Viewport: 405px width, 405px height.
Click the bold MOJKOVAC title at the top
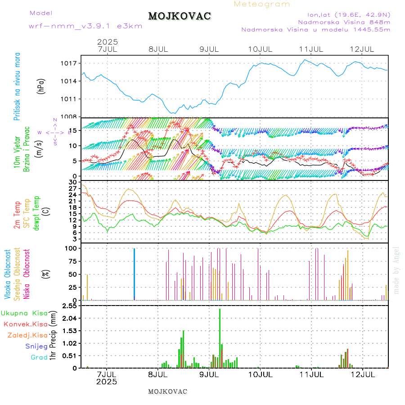(x=180, y=16)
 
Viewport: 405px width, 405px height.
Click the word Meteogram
(x=262, y=4)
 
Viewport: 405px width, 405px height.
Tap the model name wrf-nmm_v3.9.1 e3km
(x=85, y=26)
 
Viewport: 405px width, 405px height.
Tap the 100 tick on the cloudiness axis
(x=72, y=248)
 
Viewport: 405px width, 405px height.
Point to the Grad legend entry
(x=39, y=357)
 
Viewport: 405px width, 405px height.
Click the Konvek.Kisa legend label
(x=26, y=324)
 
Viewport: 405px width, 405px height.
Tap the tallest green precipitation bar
(x=220, y=337)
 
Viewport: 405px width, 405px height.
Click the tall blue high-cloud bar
(x=134, y=273)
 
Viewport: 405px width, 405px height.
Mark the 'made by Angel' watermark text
(x=396, y=270)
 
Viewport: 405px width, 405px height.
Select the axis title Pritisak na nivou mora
(x=17, y=86)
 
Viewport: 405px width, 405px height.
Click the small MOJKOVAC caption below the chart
(x=167, y=391)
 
